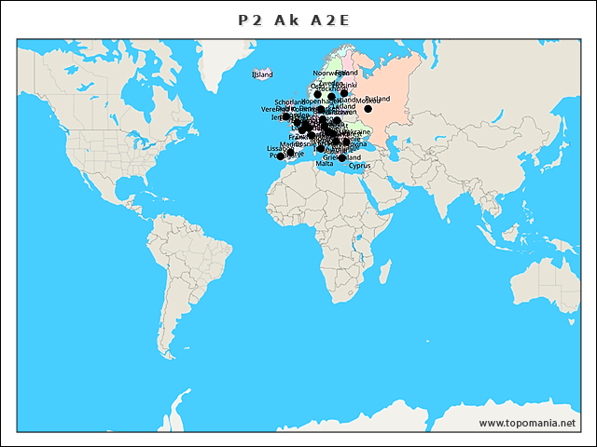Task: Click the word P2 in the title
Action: pos(247,20)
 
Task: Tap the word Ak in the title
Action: pos(285,20)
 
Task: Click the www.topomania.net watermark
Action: pos(528,423)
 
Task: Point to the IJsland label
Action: pos(262,74)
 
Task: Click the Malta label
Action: pos(324,163)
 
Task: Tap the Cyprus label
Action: pos(359,166)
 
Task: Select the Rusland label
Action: pos(377,98)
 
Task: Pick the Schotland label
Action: pos(289,102)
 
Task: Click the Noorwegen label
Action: pos(327,73)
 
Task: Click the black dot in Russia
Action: pos(368,109)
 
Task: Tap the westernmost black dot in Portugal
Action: pos(281,156)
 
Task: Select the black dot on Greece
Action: pos(341,157)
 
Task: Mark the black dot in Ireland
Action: pos(286,117)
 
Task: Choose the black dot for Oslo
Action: pos(317,94)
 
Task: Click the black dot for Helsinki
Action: pos(344,93)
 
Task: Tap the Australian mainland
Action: pos(522,298)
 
